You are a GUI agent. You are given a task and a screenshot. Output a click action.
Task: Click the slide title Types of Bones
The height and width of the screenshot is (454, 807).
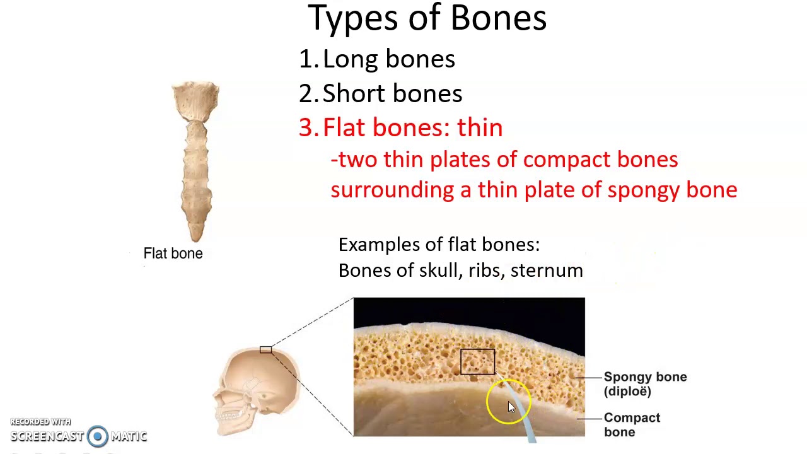(427, 18)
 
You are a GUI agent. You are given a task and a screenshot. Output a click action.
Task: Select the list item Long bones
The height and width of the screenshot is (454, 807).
(388, 59)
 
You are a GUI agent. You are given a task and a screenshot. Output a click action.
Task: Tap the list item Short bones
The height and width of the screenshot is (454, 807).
(392, 94)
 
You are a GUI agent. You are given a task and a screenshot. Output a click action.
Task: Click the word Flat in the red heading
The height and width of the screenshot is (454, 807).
(345, 128)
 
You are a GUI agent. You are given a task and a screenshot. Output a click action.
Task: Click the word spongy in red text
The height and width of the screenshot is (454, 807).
(636, 190)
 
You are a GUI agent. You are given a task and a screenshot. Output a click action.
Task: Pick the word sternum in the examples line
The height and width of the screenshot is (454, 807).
(547, 271)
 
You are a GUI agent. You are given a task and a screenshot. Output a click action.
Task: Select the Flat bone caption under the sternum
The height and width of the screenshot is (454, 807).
(173, 253)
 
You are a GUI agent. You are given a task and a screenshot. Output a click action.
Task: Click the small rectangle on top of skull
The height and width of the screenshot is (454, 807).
(265, 350)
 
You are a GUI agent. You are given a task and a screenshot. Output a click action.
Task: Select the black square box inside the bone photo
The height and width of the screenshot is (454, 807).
(477, 362)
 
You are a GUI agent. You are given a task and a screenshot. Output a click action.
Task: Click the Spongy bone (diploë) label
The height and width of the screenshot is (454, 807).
(644, 384)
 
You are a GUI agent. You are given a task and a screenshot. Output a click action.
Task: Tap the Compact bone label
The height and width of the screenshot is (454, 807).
(631, 425)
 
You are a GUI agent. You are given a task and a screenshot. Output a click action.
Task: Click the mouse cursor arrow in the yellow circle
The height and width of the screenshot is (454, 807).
(511, 407)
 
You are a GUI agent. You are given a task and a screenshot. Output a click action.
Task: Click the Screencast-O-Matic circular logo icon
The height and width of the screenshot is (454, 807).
(98, 436)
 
